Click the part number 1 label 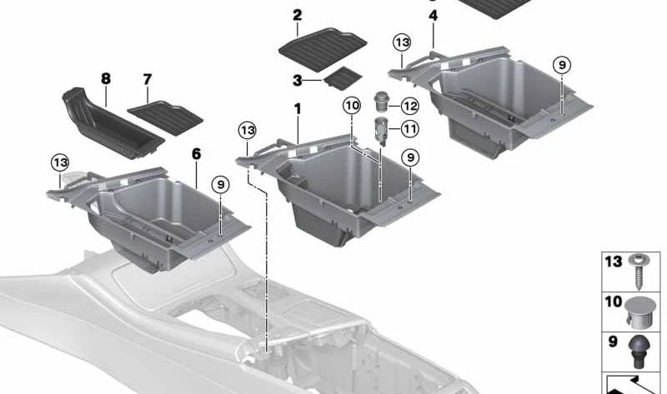point(298,109)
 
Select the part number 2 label point(298,15)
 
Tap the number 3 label point(298,80)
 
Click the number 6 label point(196,154)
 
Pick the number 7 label point(148,80)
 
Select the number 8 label point(106,79)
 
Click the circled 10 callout point(351,106)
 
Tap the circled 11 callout point(409,128)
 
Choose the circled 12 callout point(409,106)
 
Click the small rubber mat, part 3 point(343,78)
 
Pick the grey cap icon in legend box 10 point(638,310)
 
